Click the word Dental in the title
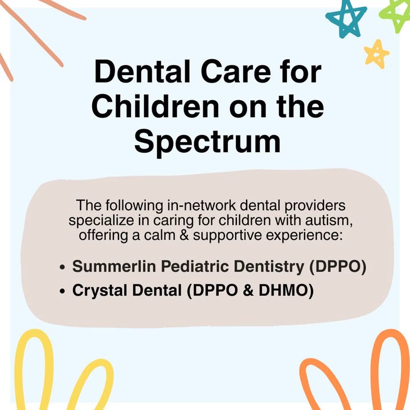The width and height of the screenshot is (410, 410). [142, 71]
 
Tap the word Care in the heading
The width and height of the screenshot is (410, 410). [236, 71]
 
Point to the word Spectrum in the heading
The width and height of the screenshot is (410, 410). [207, 142]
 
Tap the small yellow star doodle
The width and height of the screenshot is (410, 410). [376, 54]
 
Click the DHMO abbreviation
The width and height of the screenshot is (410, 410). [286, 290]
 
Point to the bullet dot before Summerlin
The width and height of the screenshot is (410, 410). [62, 267]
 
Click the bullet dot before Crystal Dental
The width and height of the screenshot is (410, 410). [62, 292]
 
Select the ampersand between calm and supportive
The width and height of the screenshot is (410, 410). [184, 235]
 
